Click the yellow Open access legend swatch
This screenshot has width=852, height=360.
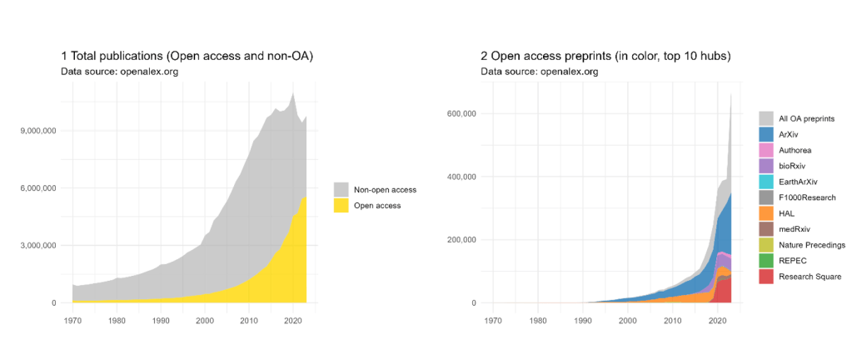[341, 205]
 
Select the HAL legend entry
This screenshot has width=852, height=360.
[787, 213]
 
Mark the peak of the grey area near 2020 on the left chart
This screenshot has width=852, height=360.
[292, 92]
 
